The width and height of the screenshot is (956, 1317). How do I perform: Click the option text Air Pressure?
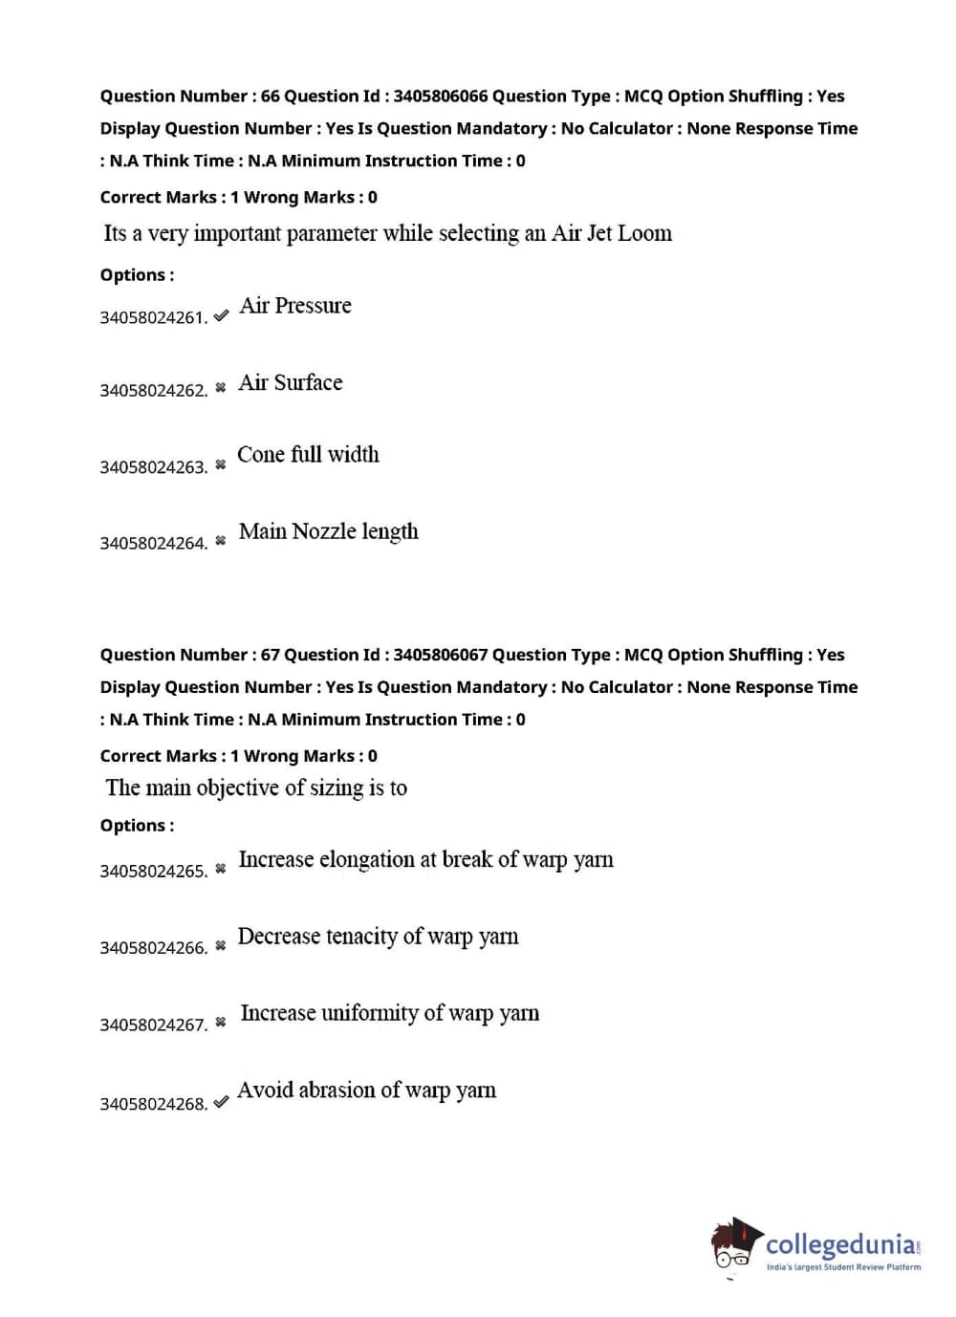[295, 306]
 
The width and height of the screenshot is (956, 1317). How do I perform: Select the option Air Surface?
[290, 382]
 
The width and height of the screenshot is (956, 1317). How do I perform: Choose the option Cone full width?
[308, 455]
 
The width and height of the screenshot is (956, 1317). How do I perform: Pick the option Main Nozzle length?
[328, 531]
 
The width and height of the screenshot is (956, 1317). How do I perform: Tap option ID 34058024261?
[153, 317]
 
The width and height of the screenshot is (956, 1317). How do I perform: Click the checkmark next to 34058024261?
[221, 314]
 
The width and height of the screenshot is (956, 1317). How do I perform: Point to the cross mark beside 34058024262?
[221, 387]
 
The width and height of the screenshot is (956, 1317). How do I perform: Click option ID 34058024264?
[153, 543]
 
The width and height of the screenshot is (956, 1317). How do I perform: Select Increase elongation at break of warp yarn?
[425, 860]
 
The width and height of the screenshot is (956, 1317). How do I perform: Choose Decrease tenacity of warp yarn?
[378, 937]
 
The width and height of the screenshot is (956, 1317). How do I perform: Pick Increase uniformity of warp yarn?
[389, 1013]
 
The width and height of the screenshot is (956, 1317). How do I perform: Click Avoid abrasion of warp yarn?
[366, 1090]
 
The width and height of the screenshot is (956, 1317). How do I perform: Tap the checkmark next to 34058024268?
[221, 1101]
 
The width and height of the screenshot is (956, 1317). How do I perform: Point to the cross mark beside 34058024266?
[221, 945]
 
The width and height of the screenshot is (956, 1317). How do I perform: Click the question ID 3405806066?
[440, 96]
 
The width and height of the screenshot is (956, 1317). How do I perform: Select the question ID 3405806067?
[440, 655]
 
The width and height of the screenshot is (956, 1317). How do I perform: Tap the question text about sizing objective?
[256, 788]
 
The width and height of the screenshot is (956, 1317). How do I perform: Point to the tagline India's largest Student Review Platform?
[843, 1267]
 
